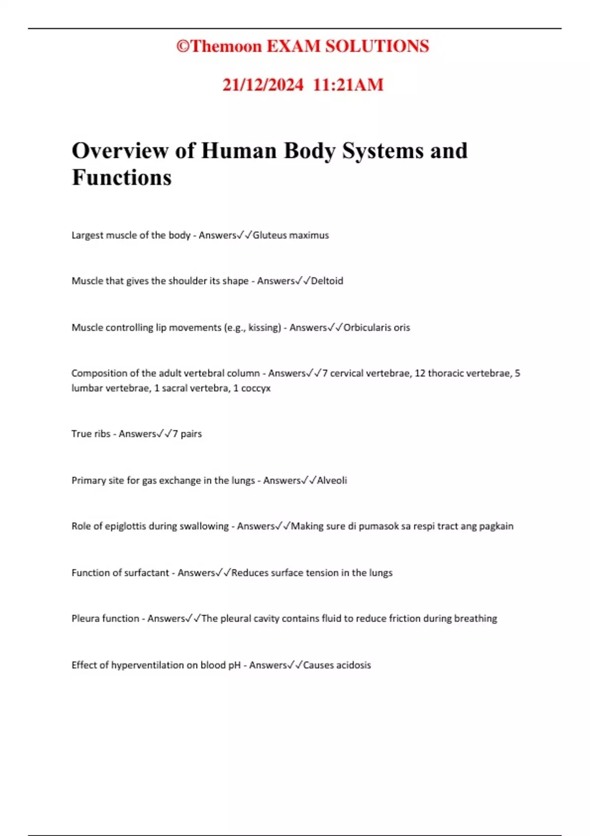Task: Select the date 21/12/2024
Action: pyautogui.click(x=263, y=85)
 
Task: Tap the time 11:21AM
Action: pyautogui.click(x=348, y=85)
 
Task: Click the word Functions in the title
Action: pyautogui.click(x=121, y=178)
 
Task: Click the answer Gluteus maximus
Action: pyautogui.click(x=291, y=235)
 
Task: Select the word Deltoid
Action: pyautogui.click(x=327, y=281)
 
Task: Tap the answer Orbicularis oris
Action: pyautogui.click(x=377, y=328)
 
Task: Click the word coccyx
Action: pyautogui.click(x=256, y=388)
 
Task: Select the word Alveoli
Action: pyautogui.click(x=332, y=480)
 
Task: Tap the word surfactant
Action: pyautogui.click(x=146, y=573)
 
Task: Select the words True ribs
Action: pyautogui.click(x=91, y=434)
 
